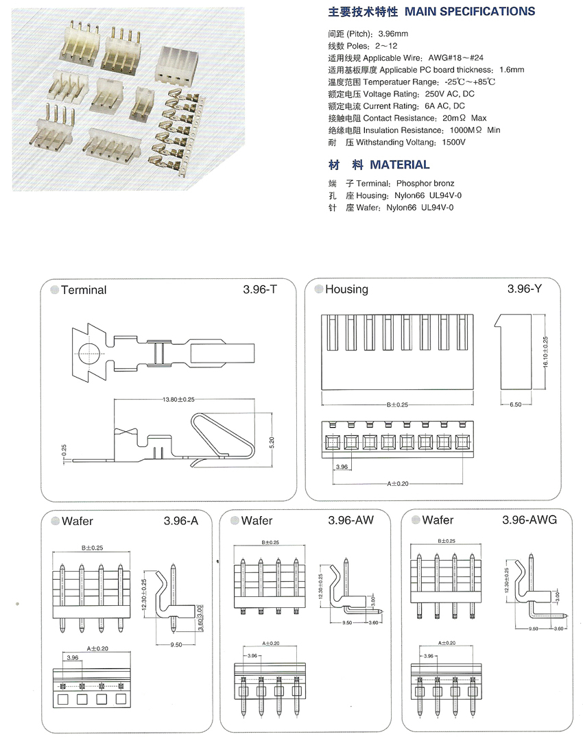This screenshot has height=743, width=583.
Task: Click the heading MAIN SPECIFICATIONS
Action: [470, 12]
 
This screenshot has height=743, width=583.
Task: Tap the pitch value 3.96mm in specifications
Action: [393, 34]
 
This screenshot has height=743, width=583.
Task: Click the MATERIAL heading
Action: [400, 165]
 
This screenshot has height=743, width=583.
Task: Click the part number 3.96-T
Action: [260, 289]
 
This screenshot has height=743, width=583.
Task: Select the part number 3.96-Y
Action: [525, 289]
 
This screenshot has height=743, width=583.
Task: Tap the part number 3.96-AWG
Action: [530, 520]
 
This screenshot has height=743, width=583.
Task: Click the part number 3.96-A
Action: [181, 521]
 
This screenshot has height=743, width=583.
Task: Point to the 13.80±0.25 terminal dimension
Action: [178, 399]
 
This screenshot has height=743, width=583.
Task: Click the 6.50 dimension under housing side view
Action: [516, 405]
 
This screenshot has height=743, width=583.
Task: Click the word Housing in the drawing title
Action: [346, 289]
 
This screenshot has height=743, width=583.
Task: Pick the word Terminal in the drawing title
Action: [84, 290]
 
